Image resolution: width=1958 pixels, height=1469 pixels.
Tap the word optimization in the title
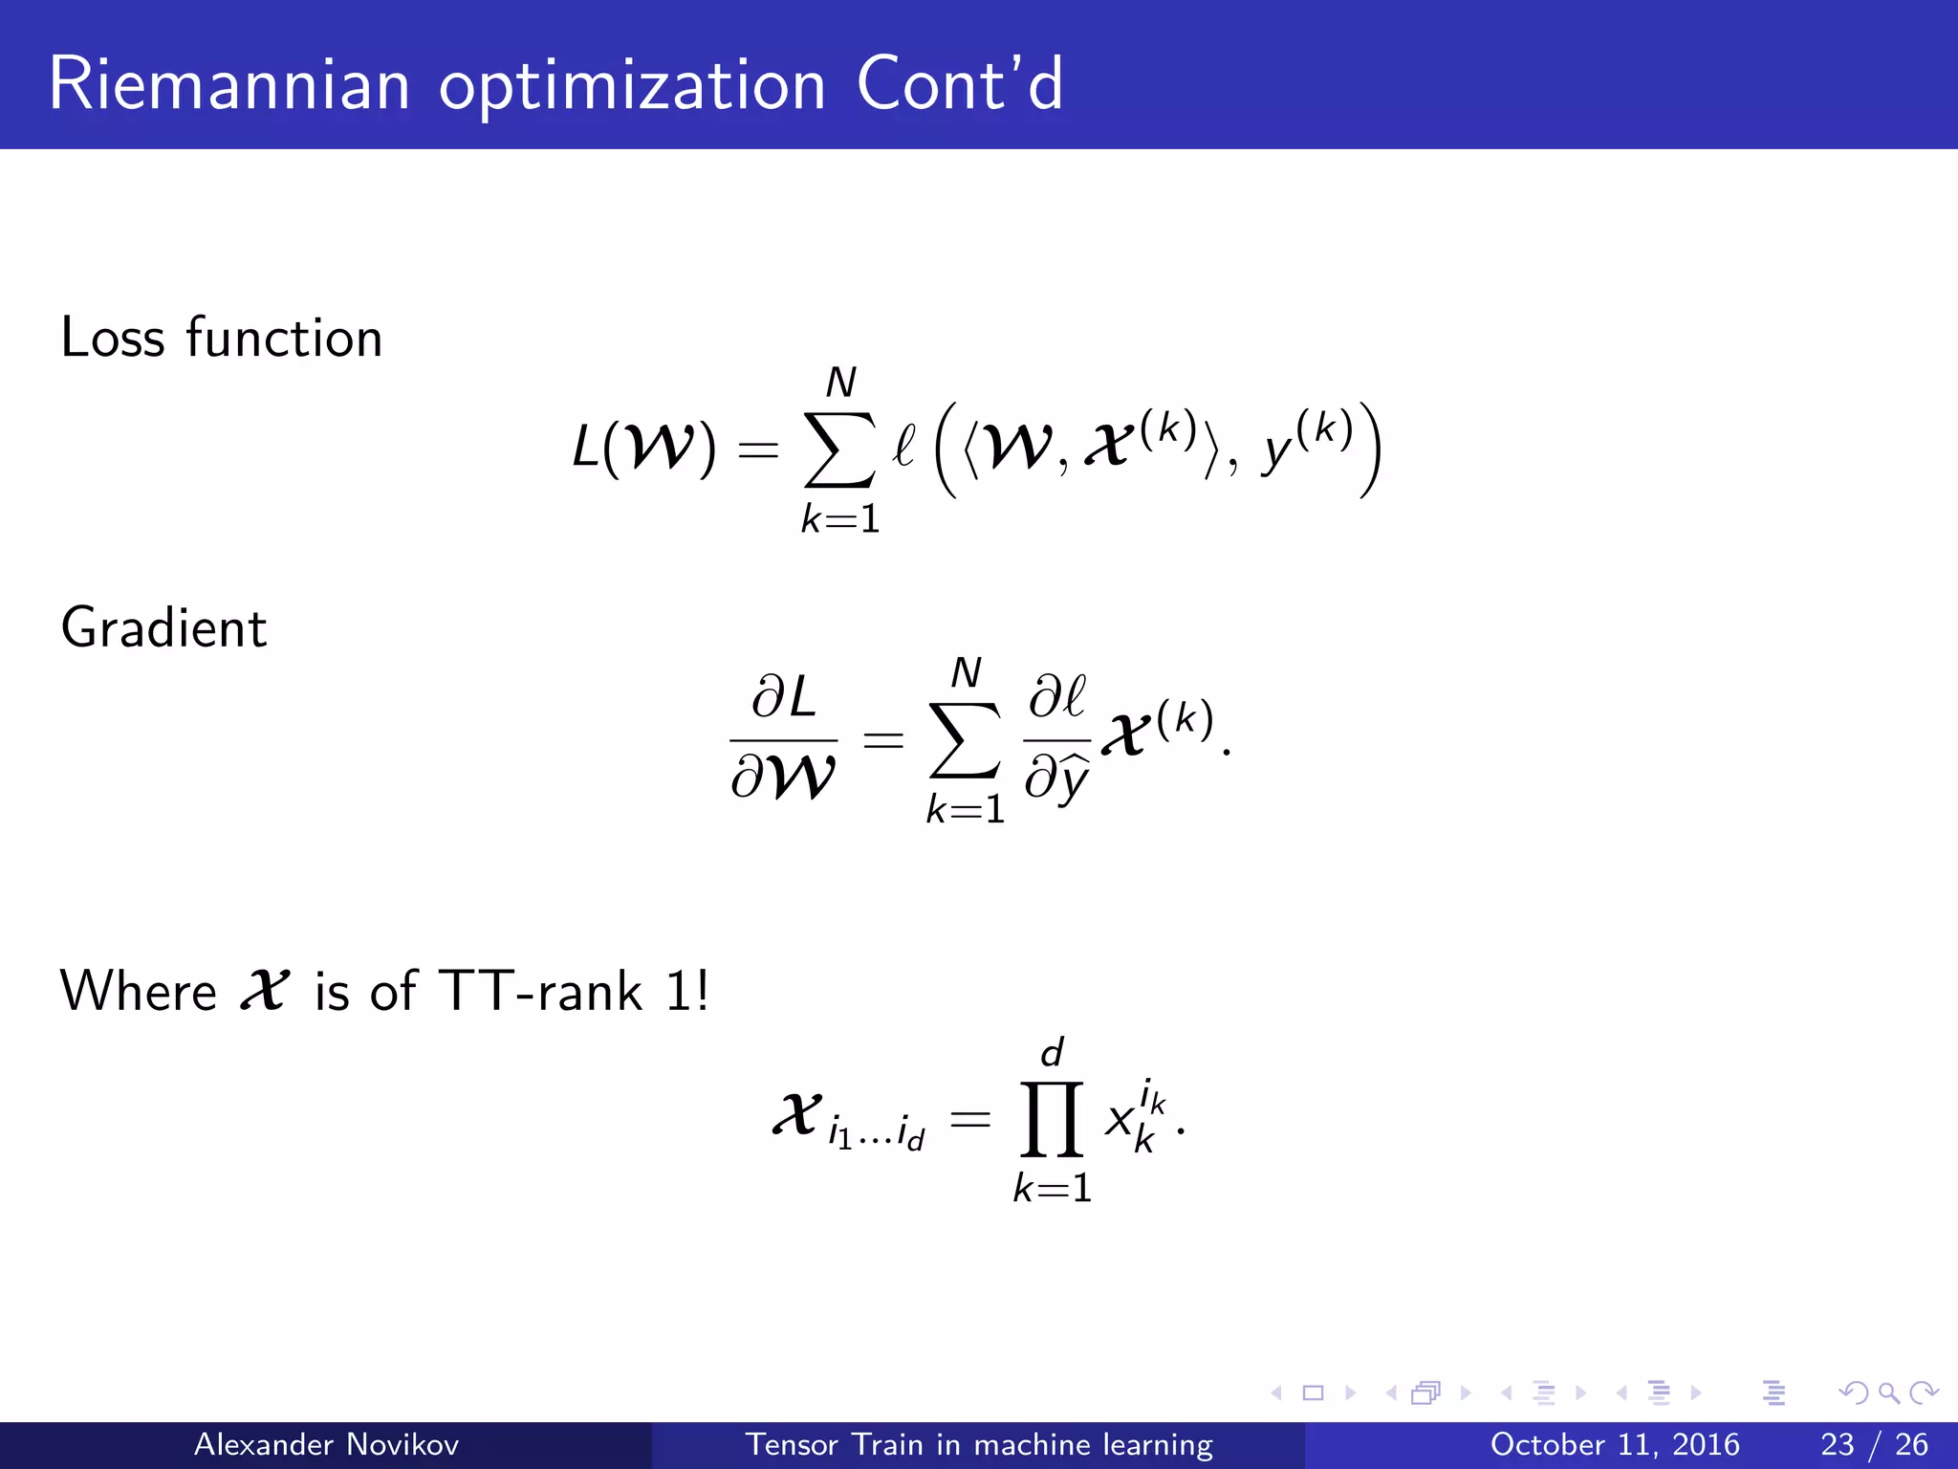[x=632, y=86]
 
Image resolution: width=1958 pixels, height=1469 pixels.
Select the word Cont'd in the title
[x=959, y=84]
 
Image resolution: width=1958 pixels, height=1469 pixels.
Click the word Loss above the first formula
[x=112, y=338]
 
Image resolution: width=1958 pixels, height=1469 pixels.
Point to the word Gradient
[x=163, y=628]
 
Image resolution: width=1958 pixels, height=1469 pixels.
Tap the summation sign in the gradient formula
[x=965, y=741]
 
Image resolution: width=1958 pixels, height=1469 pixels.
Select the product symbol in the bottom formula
[x=1052, y=1119]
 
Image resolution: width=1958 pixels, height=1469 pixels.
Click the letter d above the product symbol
[x=1052, y=1053]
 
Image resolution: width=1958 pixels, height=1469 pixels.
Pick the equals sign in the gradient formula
[x=882, y=739]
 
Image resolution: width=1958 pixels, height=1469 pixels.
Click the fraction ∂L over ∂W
[x=783, y=737]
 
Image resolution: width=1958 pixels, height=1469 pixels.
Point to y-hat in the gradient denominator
[x=1071, y=778]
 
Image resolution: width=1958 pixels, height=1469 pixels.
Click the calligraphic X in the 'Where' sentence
[x=264, y=989]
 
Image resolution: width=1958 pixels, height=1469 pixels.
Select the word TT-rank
[x=540, y=991]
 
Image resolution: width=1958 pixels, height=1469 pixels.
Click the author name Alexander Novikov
[x=326, y=1444]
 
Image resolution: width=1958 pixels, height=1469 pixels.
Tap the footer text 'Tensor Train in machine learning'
[x=978, y=1444]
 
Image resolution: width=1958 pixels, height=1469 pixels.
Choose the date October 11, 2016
[x=1614, y=1444]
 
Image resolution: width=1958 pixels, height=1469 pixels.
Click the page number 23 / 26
[x=1874, y=1444]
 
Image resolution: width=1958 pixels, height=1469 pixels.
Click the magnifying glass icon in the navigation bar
[x=1888, y=1392]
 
